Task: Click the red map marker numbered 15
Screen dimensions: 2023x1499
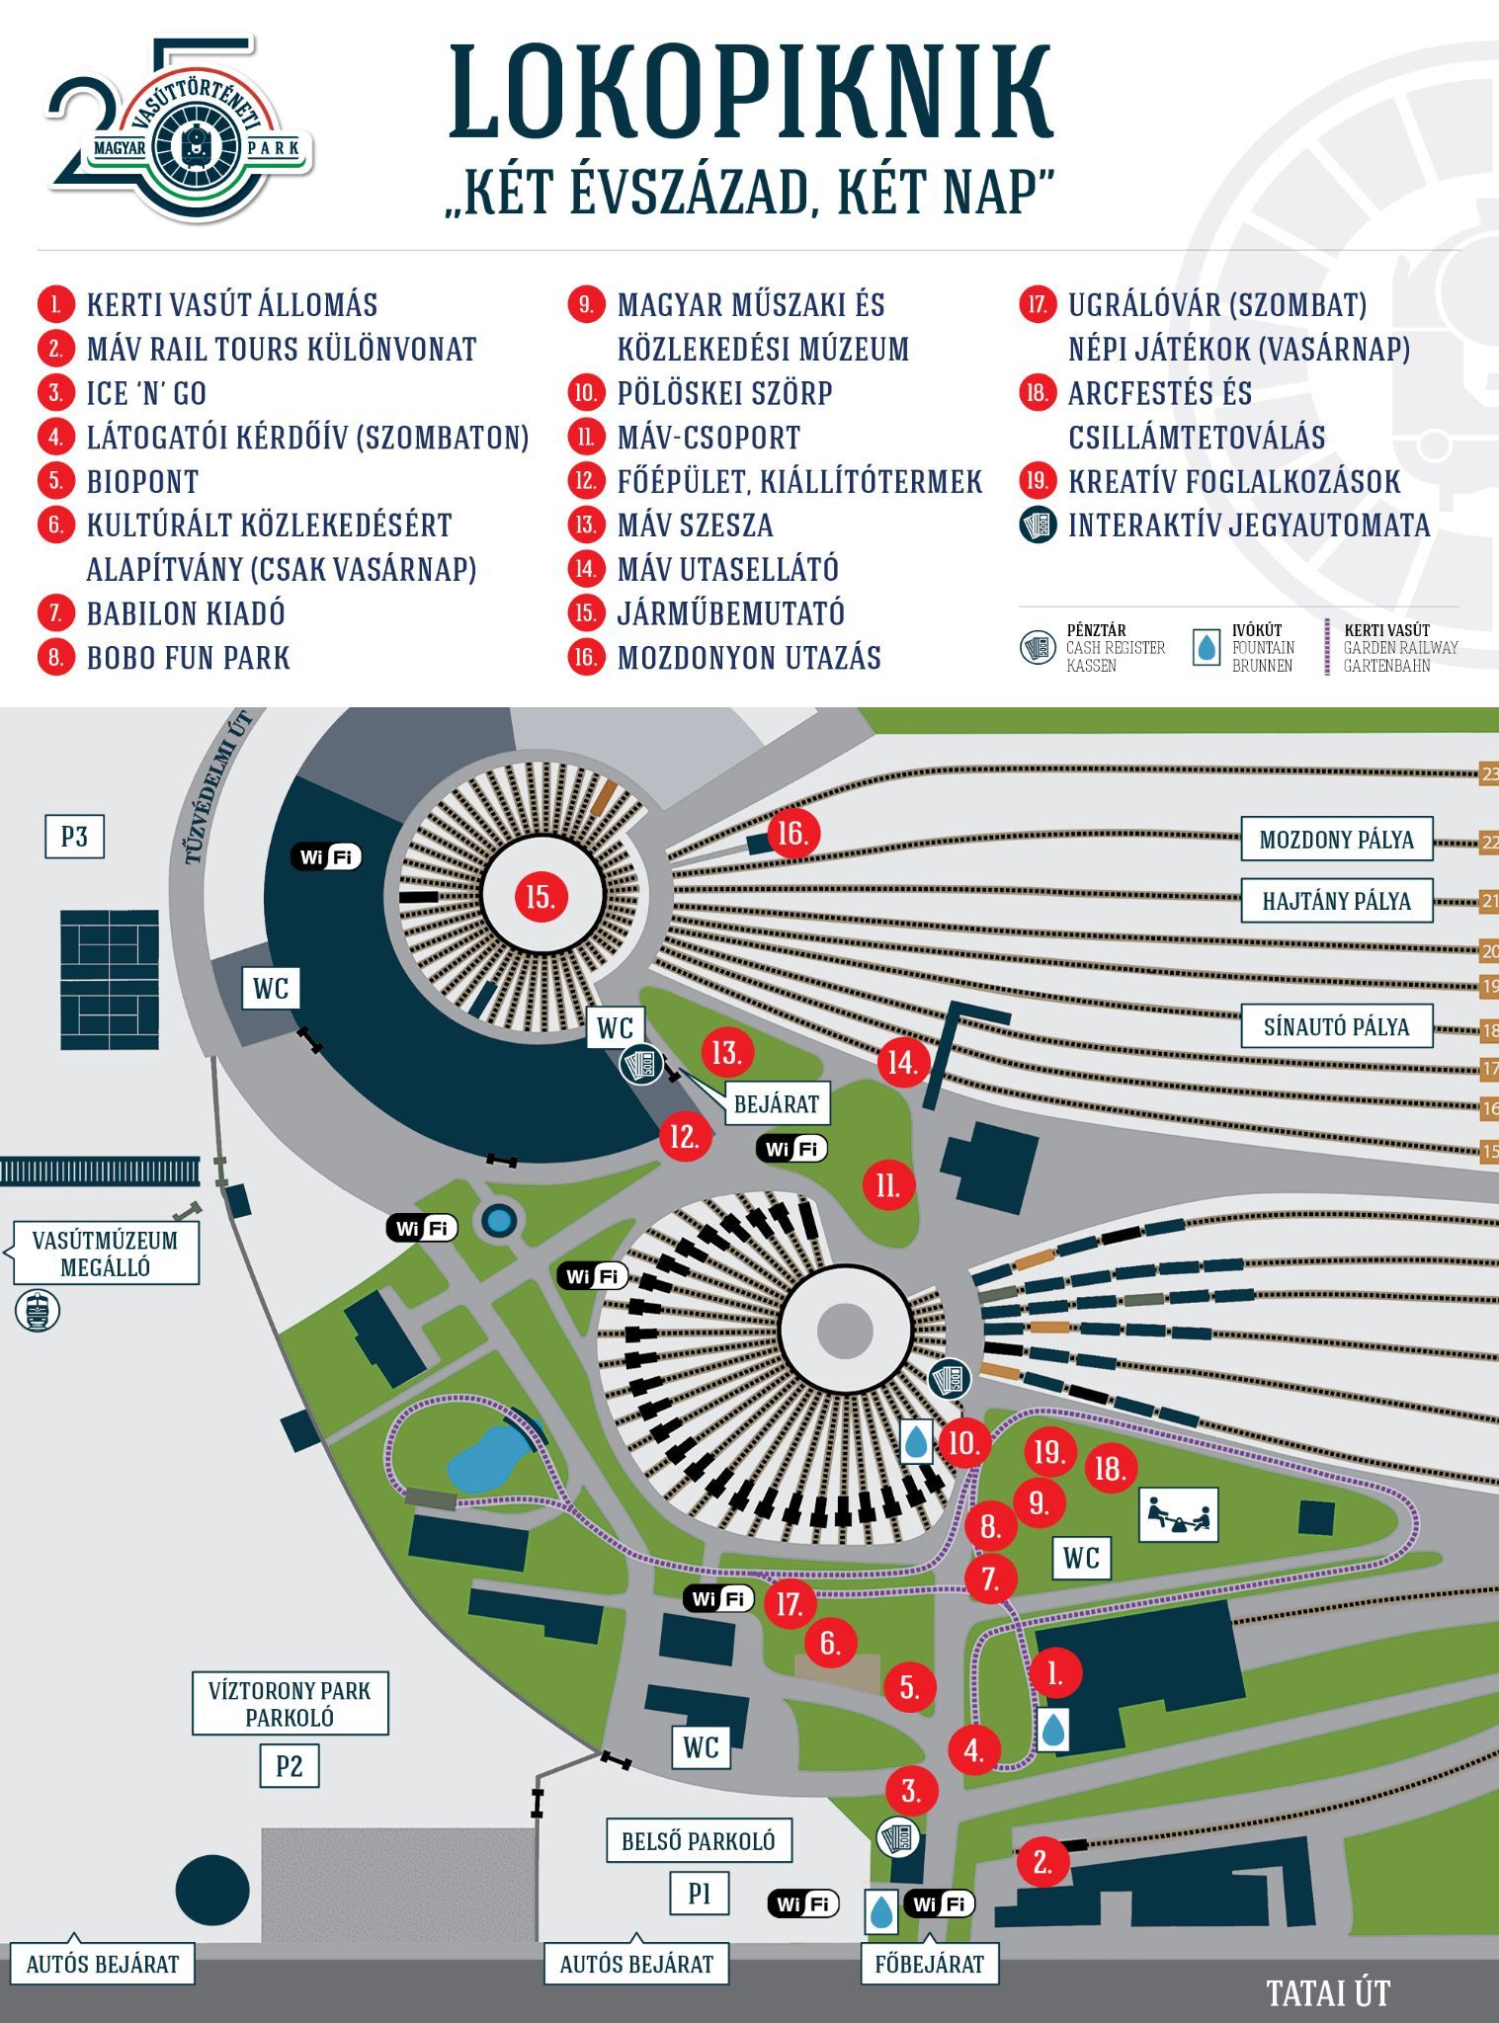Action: click(541, 897)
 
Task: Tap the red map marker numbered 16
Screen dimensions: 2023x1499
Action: click(792, 834)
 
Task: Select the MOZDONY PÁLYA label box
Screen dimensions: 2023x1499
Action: click(1336, 840)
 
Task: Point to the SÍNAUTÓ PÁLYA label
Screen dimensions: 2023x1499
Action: click(1336, 1026)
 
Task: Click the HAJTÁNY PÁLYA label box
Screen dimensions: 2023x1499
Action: click(1336, 901)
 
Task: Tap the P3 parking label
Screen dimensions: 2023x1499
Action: click(75, 837)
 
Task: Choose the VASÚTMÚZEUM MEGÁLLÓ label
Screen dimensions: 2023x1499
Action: click(105, 1254)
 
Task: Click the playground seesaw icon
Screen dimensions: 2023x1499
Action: click(1178, 1514)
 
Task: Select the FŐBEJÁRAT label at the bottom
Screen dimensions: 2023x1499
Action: click(930, 1964)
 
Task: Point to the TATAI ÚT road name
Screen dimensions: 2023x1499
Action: click(1328, 1992)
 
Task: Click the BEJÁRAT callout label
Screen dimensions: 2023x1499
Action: click(777, 1103)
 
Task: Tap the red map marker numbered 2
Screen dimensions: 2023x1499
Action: click(1042, 1862)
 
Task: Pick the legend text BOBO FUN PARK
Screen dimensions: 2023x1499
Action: click(189, 658)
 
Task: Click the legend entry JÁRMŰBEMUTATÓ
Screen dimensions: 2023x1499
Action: click(730, 613)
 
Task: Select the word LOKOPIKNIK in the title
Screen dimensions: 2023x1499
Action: click(751, 91)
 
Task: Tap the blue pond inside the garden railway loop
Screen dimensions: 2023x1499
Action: click(483, 1464)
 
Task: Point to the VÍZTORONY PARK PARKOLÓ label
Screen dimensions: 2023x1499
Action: click(290, 1703)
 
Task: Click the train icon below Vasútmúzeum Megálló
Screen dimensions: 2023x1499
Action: click(38, 1312)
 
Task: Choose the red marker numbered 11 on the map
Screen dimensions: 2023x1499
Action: click(887, 1184)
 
